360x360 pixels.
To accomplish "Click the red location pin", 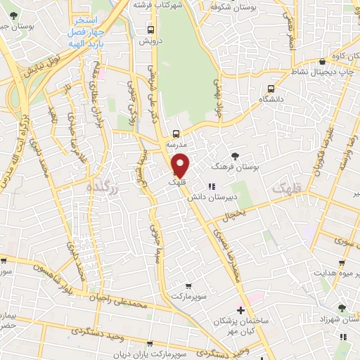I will pos(181,165).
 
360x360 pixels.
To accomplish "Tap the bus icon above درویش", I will pos(150,30).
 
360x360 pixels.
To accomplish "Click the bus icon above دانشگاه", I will pos(271,89).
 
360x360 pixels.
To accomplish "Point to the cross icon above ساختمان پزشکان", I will pos(240,310).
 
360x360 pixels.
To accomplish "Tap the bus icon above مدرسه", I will pos(176,133).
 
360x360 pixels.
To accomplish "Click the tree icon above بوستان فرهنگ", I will pos(234,156).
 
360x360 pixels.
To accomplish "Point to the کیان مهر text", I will pos(241,330).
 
